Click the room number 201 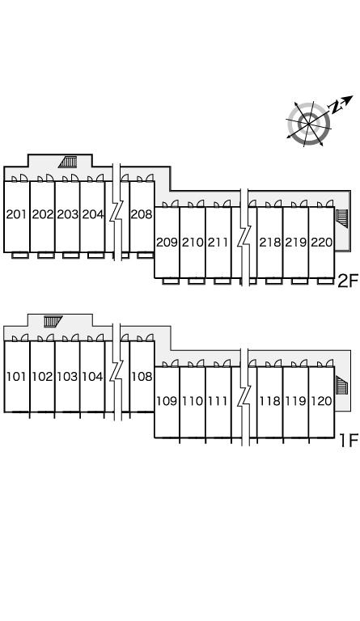[16, 214]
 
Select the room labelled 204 [93, 214]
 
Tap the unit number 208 [142, 214]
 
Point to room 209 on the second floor [167, 242]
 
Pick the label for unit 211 [218, 242]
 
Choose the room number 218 [270, 242]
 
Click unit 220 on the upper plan [322, 242]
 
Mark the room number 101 [16, 376]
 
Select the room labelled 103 [67, 376]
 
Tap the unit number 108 [142, 376]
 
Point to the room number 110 [193, 401]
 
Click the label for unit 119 [296, 401]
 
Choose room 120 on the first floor [322, 401]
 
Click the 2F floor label [347, 281]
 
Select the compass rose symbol [313, 121]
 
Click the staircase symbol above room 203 [68, 162]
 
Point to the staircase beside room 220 [341, 218]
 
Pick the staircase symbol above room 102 [53, 321]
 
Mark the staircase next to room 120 [341, 385]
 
